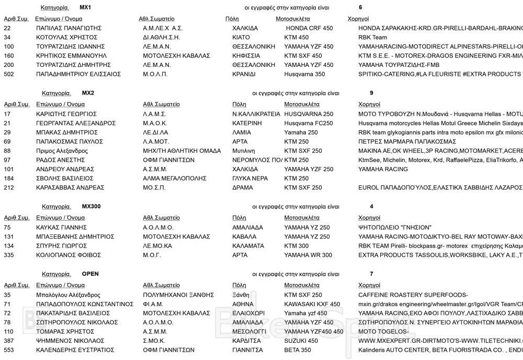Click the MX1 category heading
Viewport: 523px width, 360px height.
85,8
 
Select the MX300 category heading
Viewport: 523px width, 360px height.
92,207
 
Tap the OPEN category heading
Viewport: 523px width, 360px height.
90,274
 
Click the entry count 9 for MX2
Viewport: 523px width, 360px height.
371,93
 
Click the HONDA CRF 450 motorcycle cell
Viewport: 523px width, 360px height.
309,28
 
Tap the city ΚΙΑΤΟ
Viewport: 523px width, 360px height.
241,38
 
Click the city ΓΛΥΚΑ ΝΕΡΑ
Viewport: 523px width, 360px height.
250,178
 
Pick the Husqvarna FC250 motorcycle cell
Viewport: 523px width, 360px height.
308,123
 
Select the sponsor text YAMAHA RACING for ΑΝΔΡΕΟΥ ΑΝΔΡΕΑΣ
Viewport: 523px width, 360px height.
383,170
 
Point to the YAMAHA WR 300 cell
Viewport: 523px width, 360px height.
308,255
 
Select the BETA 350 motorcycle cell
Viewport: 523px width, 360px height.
298,350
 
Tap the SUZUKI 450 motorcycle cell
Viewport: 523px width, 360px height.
301,341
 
